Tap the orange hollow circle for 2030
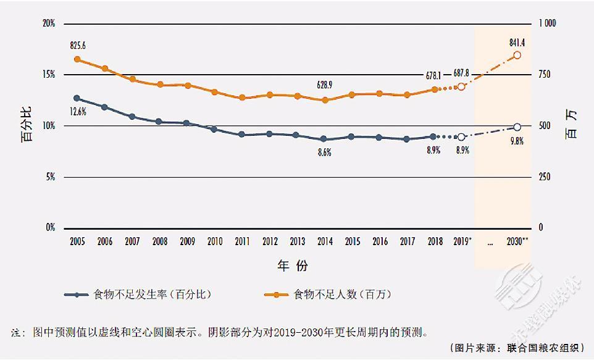point(517,55)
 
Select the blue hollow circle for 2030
point(517,127)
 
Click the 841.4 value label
point(517,42)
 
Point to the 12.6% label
point(78,112)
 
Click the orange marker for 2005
point(77,59)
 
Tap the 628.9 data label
point(325,85)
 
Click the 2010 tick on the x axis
point(215,241)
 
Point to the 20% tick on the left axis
point(49,23)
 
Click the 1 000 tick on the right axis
point(547,23)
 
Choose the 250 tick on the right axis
point(544,177)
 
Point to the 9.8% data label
point(517,141)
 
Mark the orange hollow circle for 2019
point(461,86)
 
